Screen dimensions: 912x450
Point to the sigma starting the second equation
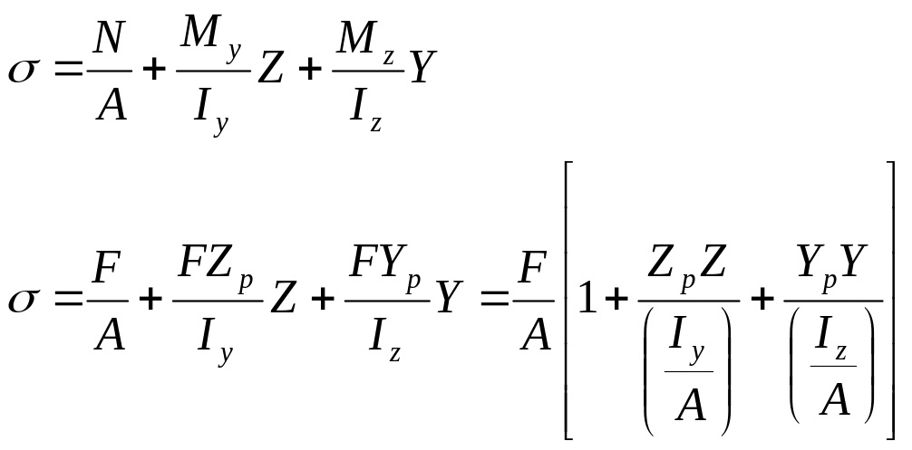click(x=24, y=300)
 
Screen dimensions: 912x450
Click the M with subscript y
click(x=204, y=38)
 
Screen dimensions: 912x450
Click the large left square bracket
click(x=568, y=300)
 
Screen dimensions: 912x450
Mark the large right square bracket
click(x=889, y=300)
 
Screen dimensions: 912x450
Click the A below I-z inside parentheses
click(x=833, y=400)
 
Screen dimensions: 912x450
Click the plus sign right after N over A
click(x=155, y=72)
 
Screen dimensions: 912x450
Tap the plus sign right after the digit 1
click(x=620, y=300)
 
